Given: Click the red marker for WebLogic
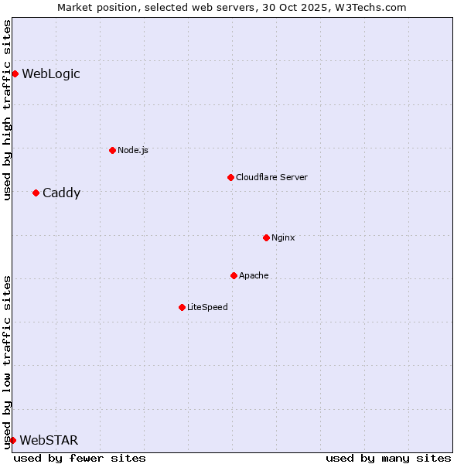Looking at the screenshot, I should pos(15,74).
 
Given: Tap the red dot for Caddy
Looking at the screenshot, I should pos(36,193).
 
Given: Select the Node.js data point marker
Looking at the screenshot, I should pos(112,150).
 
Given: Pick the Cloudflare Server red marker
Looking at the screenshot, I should pos(230,177).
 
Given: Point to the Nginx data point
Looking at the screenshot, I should pos(266,237).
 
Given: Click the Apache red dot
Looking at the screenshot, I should pos(234,275).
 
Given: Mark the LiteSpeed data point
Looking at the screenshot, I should pos(182,307).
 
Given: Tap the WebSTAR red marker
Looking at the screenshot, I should pos(12,440).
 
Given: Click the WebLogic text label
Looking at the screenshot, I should pos(51,74).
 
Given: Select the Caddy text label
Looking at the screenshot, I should pos(61,193).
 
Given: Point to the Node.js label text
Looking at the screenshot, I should pos(133,150).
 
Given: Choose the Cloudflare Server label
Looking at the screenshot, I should pos(271,177).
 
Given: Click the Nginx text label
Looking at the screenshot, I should pos(283,237).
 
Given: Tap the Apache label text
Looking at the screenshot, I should pos(254,275).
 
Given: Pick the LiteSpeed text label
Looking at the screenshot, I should pos(207,307).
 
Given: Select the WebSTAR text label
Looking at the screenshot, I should pos(49,441).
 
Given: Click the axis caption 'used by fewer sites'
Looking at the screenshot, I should pos(80,458).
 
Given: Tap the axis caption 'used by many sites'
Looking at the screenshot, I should pos(388,458).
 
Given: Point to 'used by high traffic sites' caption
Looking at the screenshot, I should pos(7,111).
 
